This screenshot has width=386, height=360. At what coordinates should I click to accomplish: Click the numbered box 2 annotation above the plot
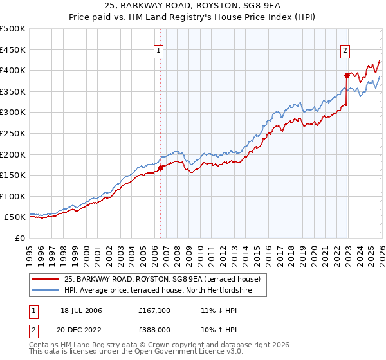[x=345, y=50]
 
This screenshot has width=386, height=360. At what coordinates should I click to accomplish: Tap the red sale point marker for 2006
[x=160, y=168]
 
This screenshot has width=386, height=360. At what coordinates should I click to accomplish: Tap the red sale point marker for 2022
[x=346, y=75]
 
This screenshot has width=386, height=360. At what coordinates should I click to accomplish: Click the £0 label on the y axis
[x=19, y=238]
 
